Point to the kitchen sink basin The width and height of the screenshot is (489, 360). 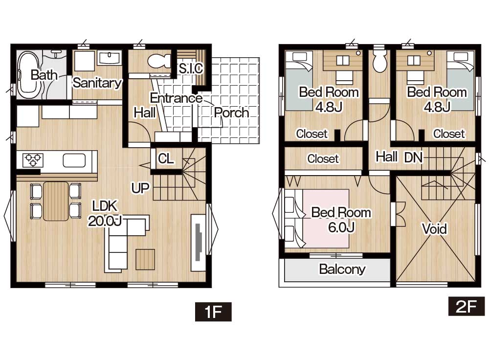coord(74,160)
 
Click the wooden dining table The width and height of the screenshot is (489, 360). coord(56,201)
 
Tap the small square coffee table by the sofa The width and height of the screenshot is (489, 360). coord(145,260)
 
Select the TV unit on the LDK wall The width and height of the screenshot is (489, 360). coord(199,243)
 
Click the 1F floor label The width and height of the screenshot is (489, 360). coord(213,312)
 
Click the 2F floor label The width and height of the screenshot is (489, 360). coord(467,306)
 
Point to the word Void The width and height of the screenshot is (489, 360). coord(434,228)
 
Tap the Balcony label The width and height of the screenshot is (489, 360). coord(342,269)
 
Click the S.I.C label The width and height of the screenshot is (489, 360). coord(191,68)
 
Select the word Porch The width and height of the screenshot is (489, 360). coord(231,112)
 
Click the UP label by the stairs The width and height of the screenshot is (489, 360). coord(140,188)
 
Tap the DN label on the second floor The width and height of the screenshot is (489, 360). coord(414,157)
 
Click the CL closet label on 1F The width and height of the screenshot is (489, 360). coord(166,158)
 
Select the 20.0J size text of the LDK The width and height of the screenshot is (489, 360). coord(105,221)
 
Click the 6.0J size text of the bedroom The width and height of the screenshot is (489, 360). coord(341,227)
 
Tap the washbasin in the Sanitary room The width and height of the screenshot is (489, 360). coord(109,58)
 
